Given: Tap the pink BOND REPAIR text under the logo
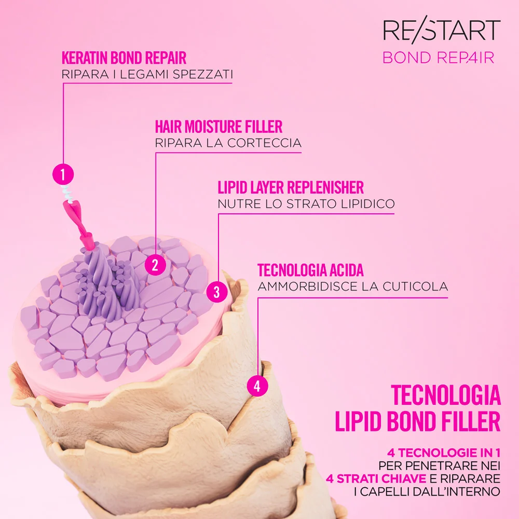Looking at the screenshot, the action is [438, 58].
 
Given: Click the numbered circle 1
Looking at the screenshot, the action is [63, 174].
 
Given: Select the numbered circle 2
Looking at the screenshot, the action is [155, 265].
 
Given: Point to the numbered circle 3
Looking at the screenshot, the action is [217, 292].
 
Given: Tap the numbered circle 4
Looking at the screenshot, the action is [257, 386].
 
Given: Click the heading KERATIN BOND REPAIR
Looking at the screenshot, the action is [124, 58].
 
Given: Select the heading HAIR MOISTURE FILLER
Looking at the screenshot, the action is [219, 127].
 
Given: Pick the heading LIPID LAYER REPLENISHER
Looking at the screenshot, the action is [291, 187].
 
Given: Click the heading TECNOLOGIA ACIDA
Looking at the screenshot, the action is [310, 270].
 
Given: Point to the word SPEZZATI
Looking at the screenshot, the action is [203, 74].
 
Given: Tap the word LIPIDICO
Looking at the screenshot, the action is [368, 204].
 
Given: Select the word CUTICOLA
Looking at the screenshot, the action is [415, 286].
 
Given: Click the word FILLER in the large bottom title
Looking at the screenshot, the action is [470, 421].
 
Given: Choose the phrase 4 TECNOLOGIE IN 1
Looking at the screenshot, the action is [444, 452].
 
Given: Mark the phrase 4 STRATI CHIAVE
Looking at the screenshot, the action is [376, 479].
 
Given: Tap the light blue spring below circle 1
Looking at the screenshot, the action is [67, 193].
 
